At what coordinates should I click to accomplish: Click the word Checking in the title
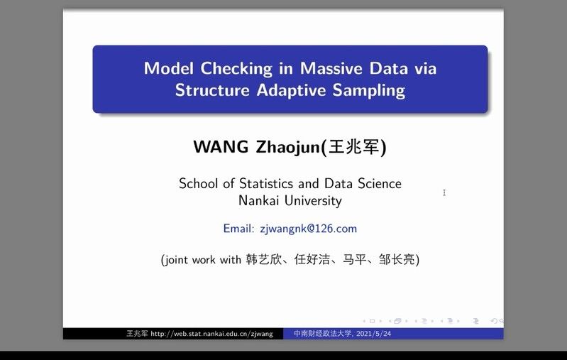pos(236,69)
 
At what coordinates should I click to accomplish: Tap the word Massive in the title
pos(331,68)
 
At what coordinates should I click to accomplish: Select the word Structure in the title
pos(212,89)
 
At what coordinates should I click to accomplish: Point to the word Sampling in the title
pos(369,90)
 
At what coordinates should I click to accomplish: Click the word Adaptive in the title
pos(291,90)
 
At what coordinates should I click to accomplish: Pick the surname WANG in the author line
pos(221,147)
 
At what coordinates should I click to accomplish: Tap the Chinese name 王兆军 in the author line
pos(354,147)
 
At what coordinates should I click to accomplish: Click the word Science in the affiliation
pos(380,183)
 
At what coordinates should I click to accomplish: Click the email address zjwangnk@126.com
pos(309,229)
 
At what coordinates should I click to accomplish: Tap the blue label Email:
pos(239,229)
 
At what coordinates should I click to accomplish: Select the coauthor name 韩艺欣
pos(263,259)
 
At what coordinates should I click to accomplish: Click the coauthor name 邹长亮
pos(397,259)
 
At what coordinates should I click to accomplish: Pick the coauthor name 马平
pos(354,259)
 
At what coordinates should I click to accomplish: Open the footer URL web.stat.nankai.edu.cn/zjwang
pos(211,334)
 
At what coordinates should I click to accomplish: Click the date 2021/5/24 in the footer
pos(373,334)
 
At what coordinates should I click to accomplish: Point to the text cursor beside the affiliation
pos(444,193)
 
